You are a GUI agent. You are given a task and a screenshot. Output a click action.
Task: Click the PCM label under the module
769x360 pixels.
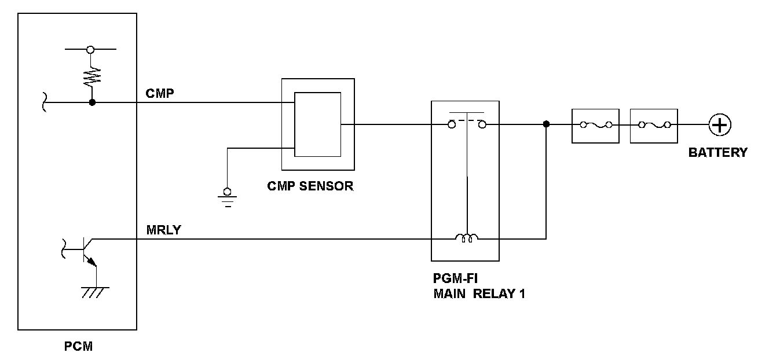(x=78, y=347)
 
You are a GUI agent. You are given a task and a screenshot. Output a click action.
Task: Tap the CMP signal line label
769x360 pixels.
(x=160, y=93)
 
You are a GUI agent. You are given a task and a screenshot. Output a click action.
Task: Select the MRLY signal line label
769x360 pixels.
(x=164, y=230)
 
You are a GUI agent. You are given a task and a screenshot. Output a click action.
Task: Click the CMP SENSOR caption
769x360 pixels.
(x=310, y=186)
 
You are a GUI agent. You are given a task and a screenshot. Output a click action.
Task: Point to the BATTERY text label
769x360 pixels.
(x=717, y=153)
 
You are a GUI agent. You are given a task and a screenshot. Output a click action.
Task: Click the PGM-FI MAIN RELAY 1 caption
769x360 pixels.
(x=479, y=286)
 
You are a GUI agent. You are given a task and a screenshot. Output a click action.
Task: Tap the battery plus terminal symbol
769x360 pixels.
(x=720, y=124)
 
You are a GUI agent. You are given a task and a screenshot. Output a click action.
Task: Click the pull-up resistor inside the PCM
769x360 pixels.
(x=91, y=74)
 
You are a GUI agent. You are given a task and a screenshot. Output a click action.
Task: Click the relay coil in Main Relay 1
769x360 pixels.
(x=467, y=237)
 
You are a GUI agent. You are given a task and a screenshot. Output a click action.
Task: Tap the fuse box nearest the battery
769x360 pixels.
(x=654, y=125)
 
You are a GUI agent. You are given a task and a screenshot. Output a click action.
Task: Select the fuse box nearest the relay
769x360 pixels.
(x=595, y=125)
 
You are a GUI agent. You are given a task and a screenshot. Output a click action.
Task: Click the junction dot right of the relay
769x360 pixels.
(x=546, y=124)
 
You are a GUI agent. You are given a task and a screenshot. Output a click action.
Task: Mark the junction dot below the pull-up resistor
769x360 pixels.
(x=91, y=102)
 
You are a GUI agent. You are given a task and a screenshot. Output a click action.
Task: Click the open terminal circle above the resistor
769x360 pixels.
(x=90, y=50)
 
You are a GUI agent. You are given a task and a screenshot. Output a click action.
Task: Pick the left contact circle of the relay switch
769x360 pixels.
(x=452, y=124)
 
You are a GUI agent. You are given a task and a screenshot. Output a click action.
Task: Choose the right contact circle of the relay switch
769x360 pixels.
(x=482, y=124)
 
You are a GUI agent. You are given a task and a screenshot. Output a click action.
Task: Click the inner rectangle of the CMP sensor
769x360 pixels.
(x=317, y=124)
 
